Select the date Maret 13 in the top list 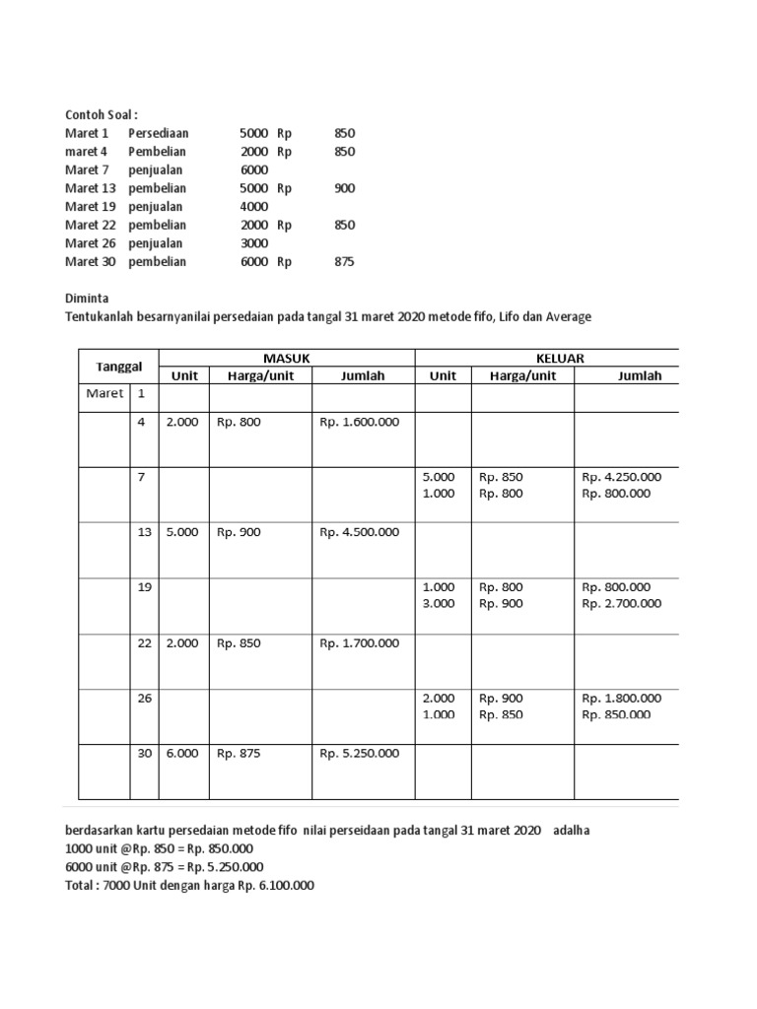point(88,188)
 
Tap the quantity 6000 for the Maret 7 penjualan point(253,169)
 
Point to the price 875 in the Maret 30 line point(344,262)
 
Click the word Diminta point(88,298)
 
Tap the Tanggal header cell point(118,367)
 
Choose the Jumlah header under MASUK point(363,375)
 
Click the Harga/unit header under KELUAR point(522,375)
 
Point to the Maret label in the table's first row point(103,393)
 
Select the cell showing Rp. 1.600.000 point(359,422)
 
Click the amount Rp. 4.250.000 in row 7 point(621,477)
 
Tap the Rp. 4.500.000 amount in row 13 point(359,532)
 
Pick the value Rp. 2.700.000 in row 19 point(621,604)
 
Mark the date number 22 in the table point(144,642)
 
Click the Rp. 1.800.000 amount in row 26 point(621,698)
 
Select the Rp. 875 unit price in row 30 point(239,753)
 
